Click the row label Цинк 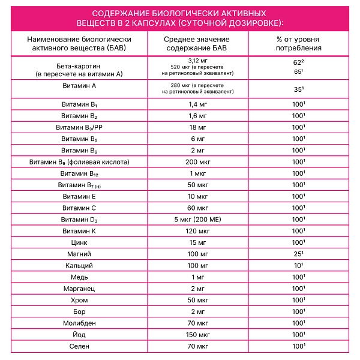pos(79,242)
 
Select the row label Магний pos(79,254)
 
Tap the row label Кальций pos(79,265)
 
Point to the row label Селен pos(79,347)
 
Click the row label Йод pos(79,335)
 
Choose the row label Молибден pos(79,323)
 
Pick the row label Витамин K pos(79,231)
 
